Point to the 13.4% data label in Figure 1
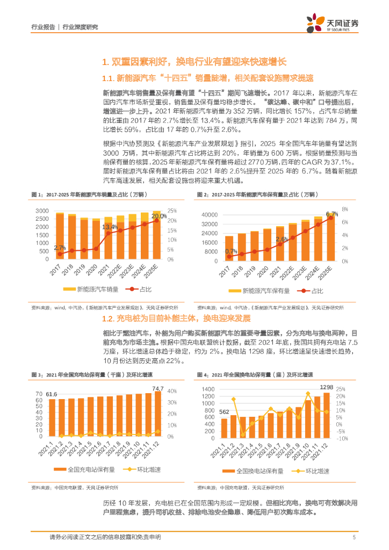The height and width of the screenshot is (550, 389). (x=110, y=227)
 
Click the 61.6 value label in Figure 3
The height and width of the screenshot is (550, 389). (x=51, y=394)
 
